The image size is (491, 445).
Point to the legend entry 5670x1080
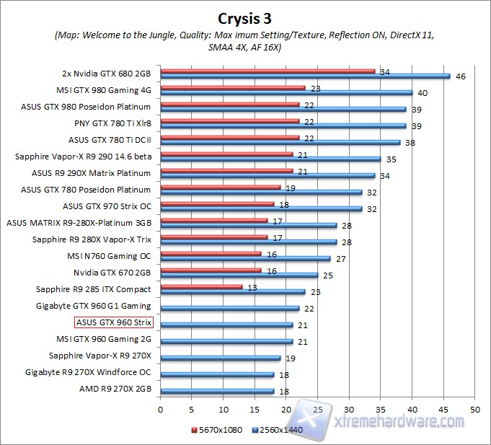[x=216, y=429]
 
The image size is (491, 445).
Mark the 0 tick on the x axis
[x=160, y=408]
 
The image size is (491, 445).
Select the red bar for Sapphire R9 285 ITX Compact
[x=201, y=286]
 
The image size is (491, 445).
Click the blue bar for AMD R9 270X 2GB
[x=217, y=391]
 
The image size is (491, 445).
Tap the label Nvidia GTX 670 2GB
[x=112, y=273]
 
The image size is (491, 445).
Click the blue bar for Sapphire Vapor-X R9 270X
[x=220, y=358]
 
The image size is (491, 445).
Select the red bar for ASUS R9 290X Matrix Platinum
[x=226, y=171]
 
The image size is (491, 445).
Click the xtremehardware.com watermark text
[x=400, y=420]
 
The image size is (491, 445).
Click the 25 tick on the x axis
[x=317, y=408]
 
